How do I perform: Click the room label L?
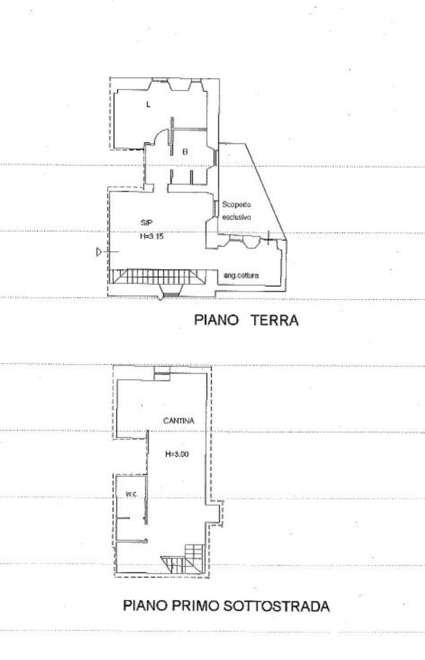[x=148, y=104]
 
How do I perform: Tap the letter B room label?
[x=185, y=152]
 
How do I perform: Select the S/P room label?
[x=146, y=223]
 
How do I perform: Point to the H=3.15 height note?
[x=152, y=236]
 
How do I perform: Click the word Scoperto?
[x=236, y=204]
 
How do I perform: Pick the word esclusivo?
[x=236, y=217]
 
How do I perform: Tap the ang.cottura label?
[x=241, y=275]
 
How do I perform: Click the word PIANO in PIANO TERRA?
[x=216, y=320]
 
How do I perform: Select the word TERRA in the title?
[x=274, y=320]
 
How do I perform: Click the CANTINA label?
[x=179, y=421]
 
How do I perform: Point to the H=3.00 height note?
[x=177, y=454]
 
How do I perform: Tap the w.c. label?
[x=132, y=494]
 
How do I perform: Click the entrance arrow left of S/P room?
[x=108, y=252]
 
